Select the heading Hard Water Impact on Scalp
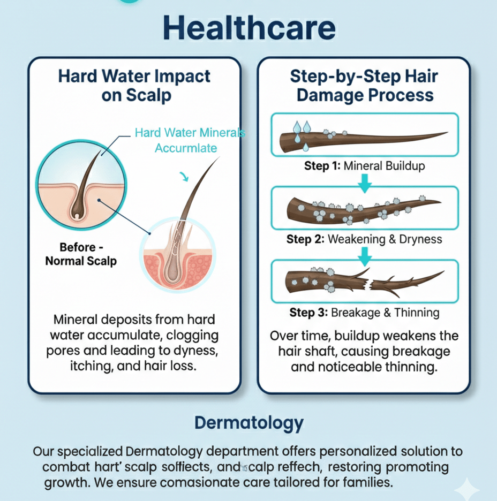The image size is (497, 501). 134,85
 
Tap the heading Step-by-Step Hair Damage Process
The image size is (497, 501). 364,85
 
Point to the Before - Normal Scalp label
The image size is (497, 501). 81,254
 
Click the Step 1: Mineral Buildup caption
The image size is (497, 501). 364,166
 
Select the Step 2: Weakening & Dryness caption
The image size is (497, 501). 364,239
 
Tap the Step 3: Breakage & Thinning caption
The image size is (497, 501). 364,312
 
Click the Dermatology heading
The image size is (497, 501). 248,423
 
